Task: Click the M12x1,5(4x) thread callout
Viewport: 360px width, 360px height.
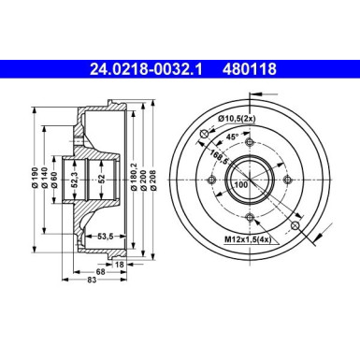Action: (x=248, y=241)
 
